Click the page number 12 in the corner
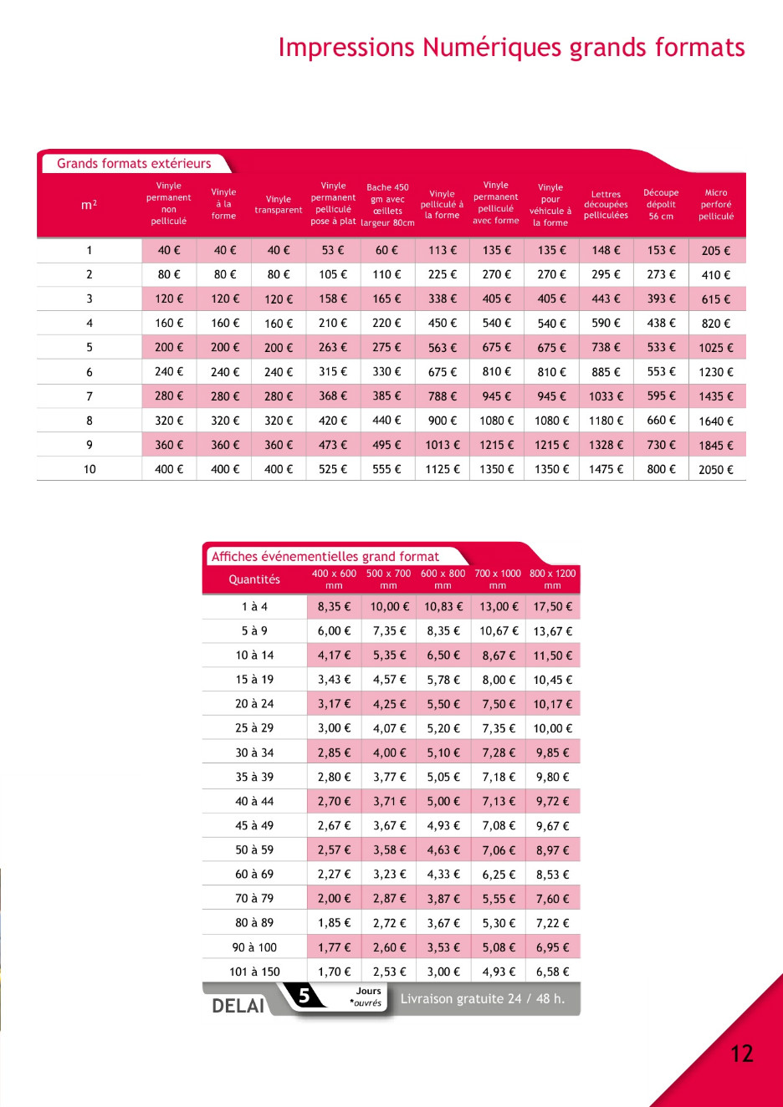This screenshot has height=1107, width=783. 742,1053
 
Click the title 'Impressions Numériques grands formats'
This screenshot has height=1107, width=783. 511,48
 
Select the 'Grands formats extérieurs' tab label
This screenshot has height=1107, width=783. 134,164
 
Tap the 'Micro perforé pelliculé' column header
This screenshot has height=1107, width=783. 716,204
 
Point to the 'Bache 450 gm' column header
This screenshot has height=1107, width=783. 387,205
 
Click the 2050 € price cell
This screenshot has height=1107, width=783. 716,470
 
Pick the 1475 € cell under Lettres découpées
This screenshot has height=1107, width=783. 606,470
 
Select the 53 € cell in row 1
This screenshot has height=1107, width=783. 333,250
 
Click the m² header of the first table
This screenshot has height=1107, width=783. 89,205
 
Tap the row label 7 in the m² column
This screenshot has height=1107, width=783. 90,396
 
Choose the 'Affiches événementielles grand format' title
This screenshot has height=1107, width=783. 325,557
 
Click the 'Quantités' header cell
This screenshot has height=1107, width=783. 254,579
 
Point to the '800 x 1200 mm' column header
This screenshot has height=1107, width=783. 552,579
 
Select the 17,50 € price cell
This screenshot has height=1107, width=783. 553,607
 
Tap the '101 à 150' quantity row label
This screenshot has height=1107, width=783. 254,972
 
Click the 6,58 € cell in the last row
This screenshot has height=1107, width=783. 553,972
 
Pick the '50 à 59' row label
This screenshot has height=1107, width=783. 254,850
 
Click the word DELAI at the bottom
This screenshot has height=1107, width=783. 238,1006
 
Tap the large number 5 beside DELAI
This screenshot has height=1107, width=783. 304,996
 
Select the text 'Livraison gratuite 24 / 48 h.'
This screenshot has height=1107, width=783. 483,999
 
